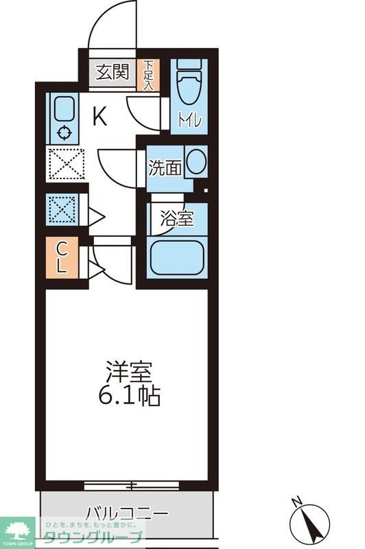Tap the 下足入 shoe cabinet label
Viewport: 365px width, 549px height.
[148, 75]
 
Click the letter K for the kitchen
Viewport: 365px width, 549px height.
[99, 117]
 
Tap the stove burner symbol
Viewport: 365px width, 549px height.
[64, 134]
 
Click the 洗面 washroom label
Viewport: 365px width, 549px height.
[165, 167]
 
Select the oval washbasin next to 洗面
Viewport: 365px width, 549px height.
[196, 162]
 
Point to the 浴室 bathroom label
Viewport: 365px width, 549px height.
[177, 219]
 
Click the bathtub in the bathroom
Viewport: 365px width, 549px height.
[177, 258]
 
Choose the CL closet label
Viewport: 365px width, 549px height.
[61, 257]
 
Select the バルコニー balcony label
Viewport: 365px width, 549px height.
[127, 514]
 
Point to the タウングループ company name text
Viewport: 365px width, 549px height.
[93, 537]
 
